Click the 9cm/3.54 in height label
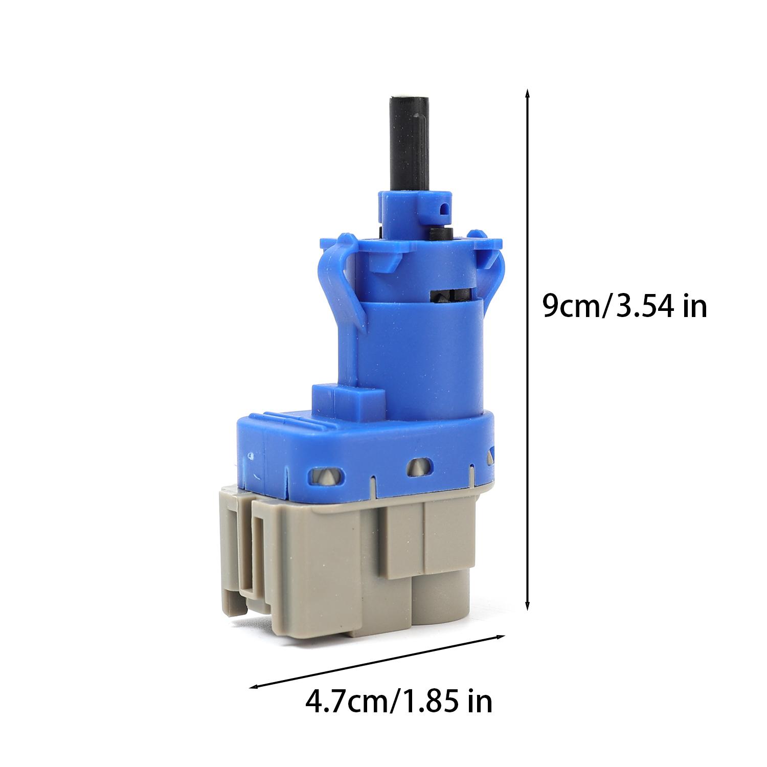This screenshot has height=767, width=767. [625, 307]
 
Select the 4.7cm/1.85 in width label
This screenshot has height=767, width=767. [399, 702]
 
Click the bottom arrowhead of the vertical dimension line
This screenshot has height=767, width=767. [527, 604]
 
